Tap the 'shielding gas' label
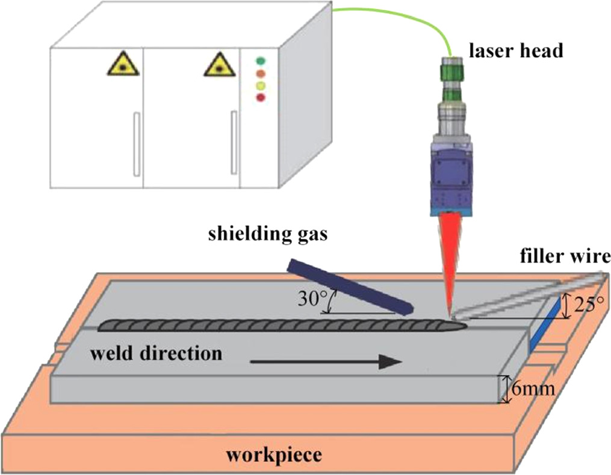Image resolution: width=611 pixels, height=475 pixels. coord(267,234)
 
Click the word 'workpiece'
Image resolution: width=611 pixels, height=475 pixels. coord(273,454)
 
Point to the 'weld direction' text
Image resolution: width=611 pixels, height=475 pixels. coord(156,353)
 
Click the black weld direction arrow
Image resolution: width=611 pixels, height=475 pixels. coord(326,361)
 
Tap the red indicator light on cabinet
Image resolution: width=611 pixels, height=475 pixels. coord(261,97)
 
